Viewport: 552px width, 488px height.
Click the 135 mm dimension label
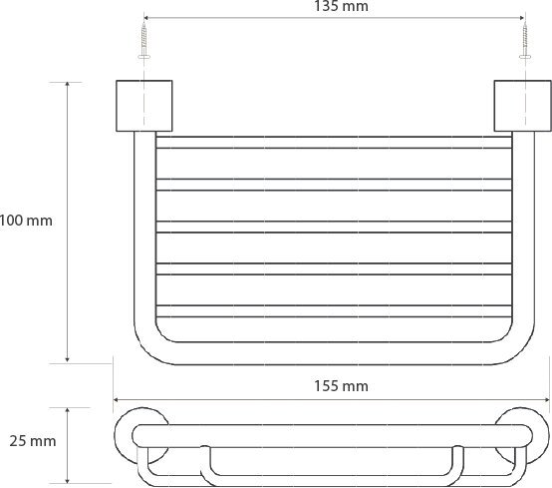coord(341,6)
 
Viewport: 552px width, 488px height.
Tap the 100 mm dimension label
coord(26,221)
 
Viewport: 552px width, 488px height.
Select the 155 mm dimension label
coord(341,386)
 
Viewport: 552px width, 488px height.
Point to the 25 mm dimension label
coord(33,441)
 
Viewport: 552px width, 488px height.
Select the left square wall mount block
coord(144,106)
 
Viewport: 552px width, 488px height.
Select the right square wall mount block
coord(523,106)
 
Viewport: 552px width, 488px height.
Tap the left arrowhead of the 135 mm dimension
coord(146,18)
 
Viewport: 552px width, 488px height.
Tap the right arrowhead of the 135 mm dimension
coord(522,18)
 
